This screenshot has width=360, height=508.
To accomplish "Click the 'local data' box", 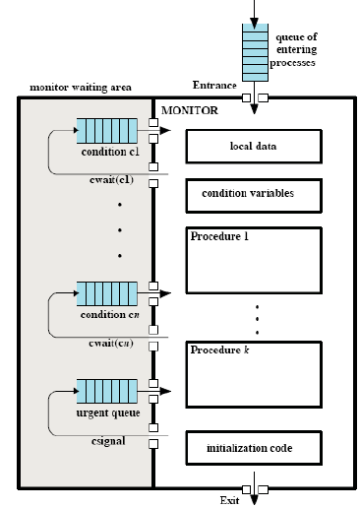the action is coord(254,147).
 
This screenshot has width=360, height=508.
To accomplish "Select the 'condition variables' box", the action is coord(254,196).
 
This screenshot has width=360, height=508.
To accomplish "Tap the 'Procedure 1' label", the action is coord(219,236).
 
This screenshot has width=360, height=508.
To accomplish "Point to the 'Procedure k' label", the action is coord(219,349).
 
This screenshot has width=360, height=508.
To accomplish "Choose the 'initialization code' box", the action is coord(254,448).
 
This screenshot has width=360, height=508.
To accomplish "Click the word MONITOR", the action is coord(190,110).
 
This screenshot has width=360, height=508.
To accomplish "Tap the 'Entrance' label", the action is coord(214,85).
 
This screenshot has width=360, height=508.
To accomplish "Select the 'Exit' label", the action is coord(229,500).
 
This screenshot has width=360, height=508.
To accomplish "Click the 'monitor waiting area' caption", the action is coord(81,88).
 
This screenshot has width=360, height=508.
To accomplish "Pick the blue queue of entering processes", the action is coord(255,52).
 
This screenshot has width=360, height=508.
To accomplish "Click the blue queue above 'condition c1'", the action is coord(107,131).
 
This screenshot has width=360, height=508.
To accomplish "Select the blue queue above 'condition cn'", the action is coord(107,293).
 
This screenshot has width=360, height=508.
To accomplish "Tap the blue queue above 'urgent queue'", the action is coord(107,391).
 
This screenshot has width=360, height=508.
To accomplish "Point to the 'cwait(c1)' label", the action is coord(111,180).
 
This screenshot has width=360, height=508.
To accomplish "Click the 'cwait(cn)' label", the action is coord(111,344).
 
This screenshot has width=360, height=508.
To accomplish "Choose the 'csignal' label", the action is coord(108,441).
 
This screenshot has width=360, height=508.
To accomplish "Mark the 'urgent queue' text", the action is coord(108,413).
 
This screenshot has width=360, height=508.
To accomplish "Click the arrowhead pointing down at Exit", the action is coord(254,499).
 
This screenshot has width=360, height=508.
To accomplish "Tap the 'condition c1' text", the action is coord(110,152).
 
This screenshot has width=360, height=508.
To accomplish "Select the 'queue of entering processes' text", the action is coord(293,49).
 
